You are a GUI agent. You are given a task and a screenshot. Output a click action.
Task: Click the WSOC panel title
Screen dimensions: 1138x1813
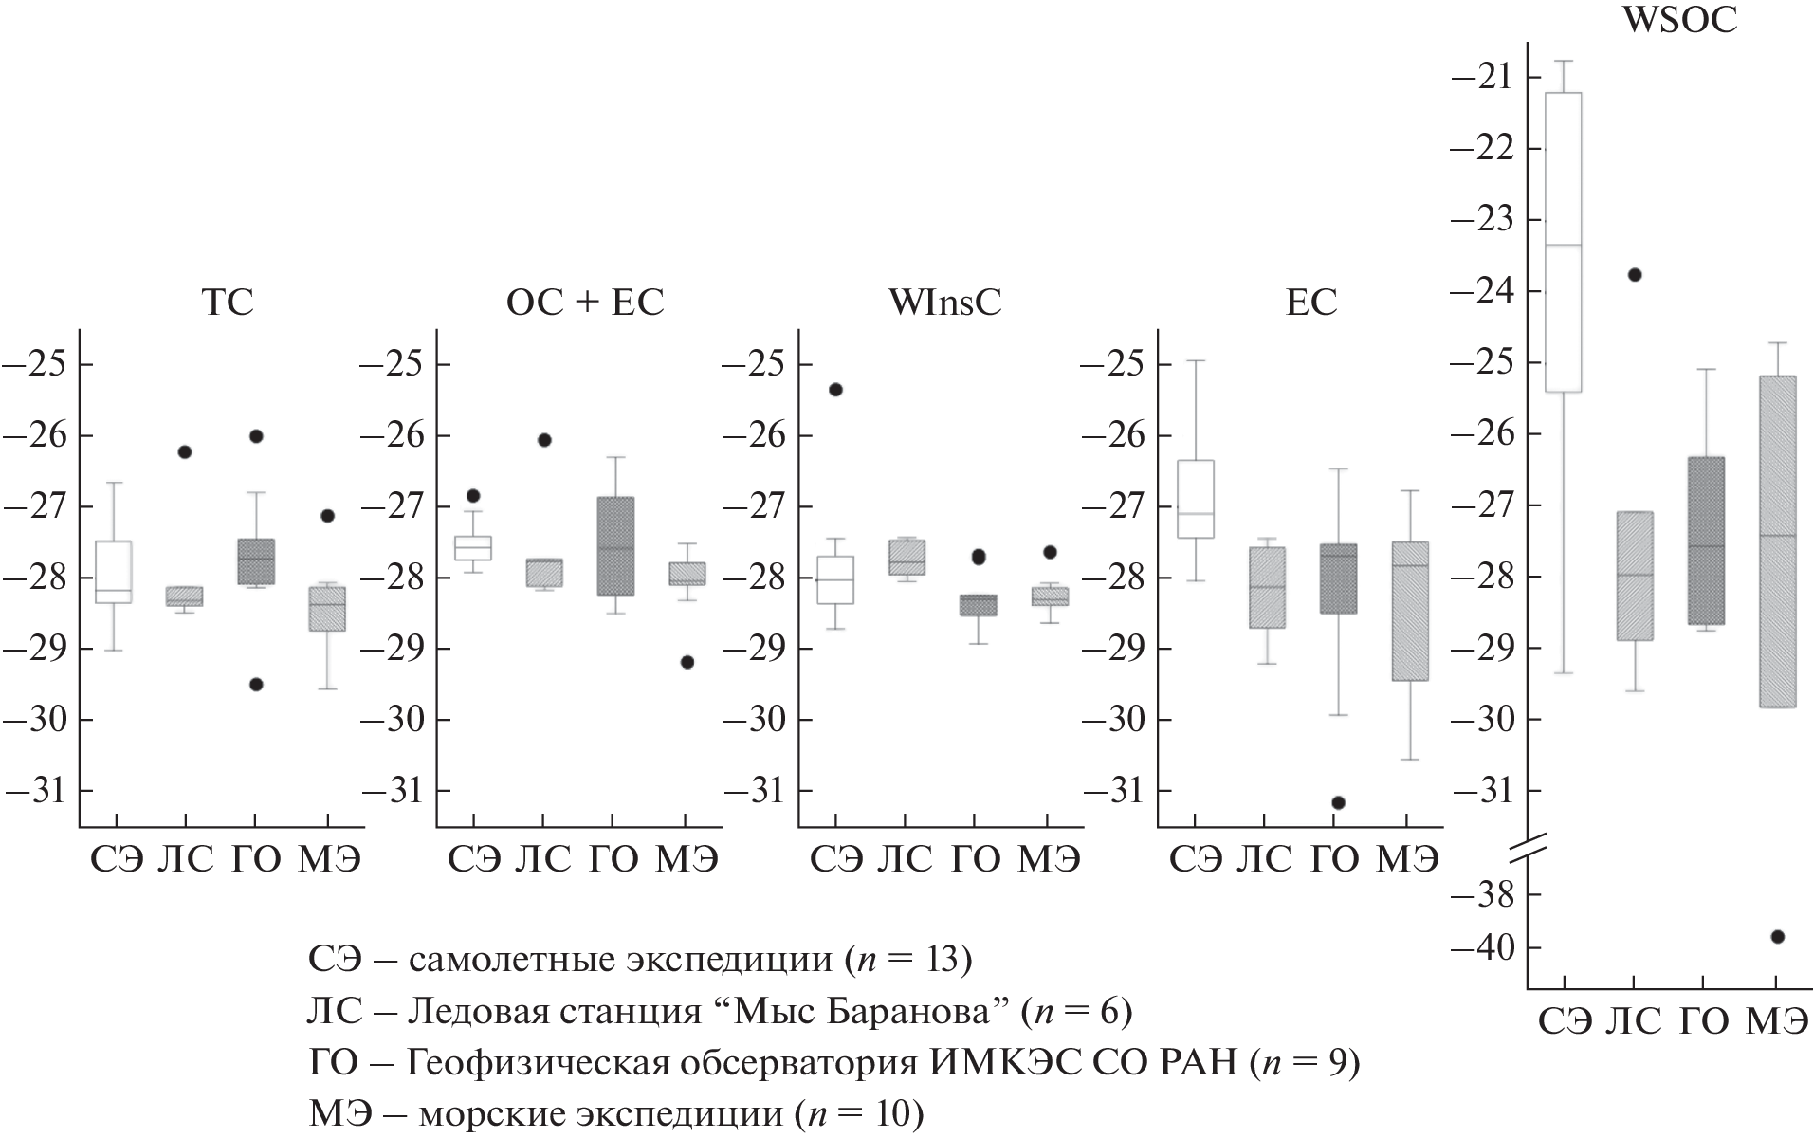[1679, 20]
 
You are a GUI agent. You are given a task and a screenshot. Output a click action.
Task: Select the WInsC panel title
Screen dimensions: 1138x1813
[944, 302]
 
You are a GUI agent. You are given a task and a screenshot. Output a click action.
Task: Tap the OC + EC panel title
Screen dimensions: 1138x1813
[584, 302]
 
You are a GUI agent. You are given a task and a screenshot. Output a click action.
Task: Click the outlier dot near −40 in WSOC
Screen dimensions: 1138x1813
[1777, 937]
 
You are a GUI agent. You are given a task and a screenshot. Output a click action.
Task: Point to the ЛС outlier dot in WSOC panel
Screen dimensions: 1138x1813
[1635, 275]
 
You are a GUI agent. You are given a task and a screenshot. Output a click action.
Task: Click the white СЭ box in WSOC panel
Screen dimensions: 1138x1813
[1564, 242]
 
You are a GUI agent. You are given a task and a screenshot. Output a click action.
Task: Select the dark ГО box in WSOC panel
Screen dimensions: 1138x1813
[1705, 541]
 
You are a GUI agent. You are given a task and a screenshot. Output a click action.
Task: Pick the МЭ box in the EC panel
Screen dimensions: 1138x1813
[1410, 612]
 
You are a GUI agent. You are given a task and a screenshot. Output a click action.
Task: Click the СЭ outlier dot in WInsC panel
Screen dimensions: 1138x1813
[835, 389]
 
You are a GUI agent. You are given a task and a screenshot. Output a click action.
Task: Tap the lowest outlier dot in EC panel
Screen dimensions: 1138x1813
[1338, 802]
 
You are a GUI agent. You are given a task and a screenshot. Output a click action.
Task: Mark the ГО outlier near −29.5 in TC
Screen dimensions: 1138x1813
[256, 684]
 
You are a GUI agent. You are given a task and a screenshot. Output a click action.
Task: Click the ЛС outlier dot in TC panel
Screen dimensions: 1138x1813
[185, 451]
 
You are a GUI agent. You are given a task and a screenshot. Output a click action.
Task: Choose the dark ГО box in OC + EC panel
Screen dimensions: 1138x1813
[614, 546]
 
